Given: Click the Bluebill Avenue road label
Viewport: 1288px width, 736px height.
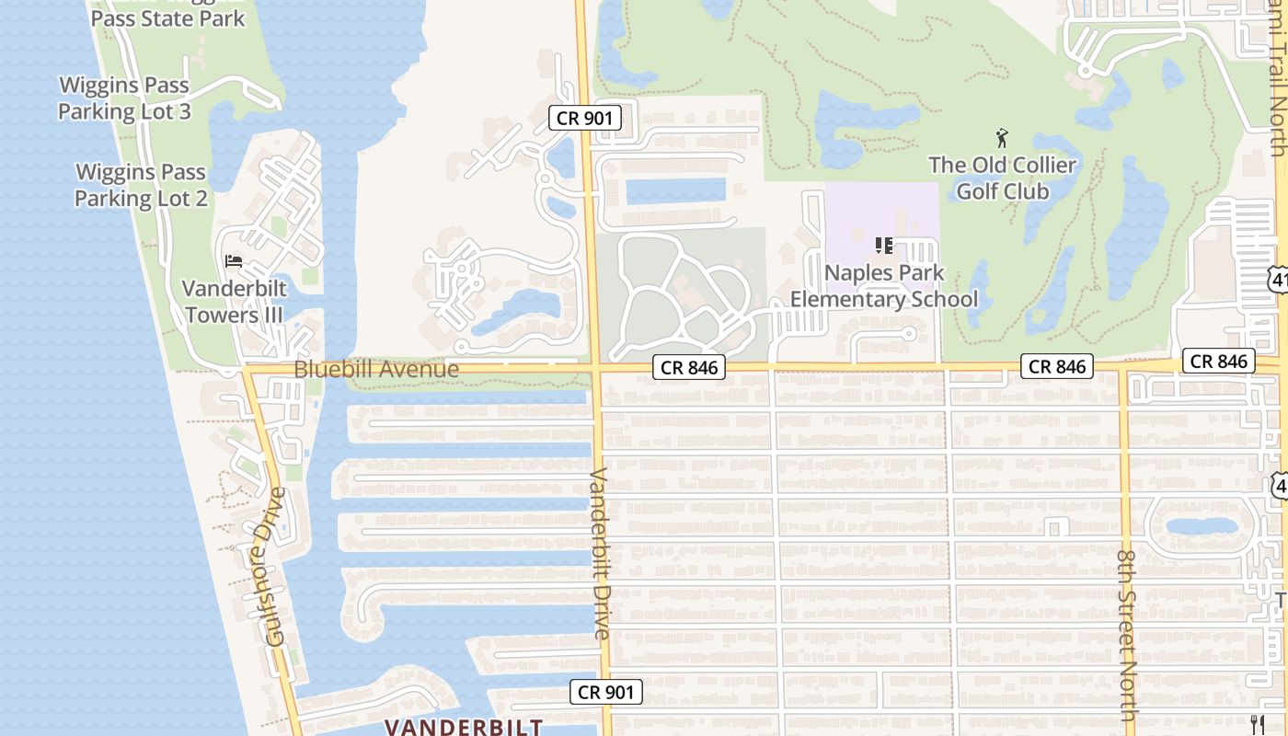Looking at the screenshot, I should [376, 369].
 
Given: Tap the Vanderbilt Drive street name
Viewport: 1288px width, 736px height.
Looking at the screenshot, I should [599, 554].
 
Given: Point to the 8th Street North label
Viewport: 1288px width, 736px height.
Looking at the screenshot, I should [1127, 635].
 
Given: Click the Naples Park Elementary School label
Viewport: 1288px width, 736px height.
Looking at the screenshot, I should [884, 286].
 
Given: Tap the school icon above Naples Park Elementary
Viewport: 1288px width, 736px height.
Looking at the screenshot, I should [884, 246].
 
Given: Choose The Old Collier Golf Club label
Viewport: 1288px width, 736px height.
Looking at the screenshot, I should [1002, 178].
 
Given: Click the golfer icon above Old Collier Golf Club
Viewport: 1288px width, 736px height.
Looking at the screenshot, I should [1002, 139].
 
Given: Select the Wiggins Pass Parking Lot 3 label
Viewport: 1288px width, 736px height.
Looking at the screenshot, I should [137, 98].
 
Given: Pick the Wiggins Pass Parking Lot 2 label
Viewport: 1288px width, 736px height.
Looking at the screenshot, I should [141, 185].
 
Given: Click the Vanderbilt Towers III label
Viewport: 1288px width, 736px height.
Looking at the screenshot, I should [234, 302].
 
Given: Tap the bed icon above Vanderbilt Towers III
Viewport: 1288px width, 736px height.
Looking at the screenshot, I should [234, 261].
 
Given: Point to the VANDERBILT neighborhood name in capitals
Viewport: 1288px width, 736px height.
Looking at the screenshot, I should [464, 727].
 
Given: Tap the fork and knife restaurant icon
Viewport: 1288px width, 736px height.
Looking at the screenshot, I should [1258, 724].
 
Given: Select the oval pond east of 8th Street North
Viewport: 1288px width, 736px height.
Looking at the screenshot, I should [1202, 527].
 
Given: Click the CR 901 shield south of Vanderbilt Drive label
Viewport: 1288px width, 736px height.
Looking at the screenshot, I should [605, 692].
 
